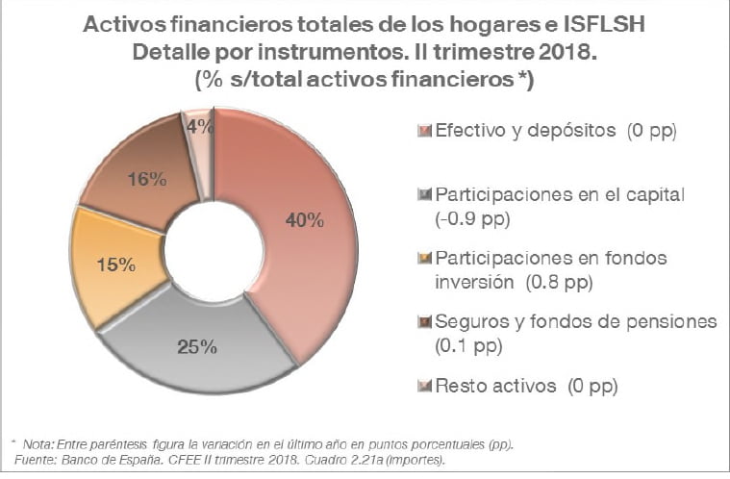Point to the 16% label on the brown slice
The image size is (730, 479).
coord(148,179)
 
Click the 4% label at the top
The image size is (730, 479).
coord(199,127)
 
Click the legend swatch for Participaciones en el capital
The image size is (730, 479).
coord(427,194)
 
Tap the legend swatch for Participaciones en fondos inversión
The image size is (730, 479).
coord(427,259)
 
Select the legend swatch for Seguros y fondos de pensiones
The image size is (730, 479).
coord(427,322)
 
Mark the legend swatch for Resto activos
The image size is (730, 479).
coord(427,386)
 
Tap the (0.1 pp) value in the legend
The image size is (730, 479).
coord(471,345)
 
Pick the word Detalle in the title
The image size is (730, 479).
coord(170,52)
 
